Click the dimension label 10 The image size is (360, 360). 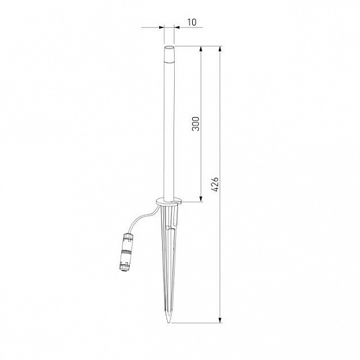point(192,22)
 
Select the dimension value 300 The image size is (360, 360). point(196,124)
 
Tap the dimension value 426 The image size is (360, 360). point(215,184)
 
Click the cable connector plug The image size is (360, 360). point(126,252)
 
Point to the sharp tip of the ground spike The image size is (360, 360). point(168,323)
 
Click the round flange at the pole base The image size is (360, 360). point(168,201)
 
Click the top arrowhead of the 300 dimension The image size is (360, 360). point(201,49)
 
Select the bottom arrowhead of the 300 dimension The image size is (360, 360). point(201,199)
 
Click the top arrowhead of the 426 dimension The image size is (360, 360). point(220,49)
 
